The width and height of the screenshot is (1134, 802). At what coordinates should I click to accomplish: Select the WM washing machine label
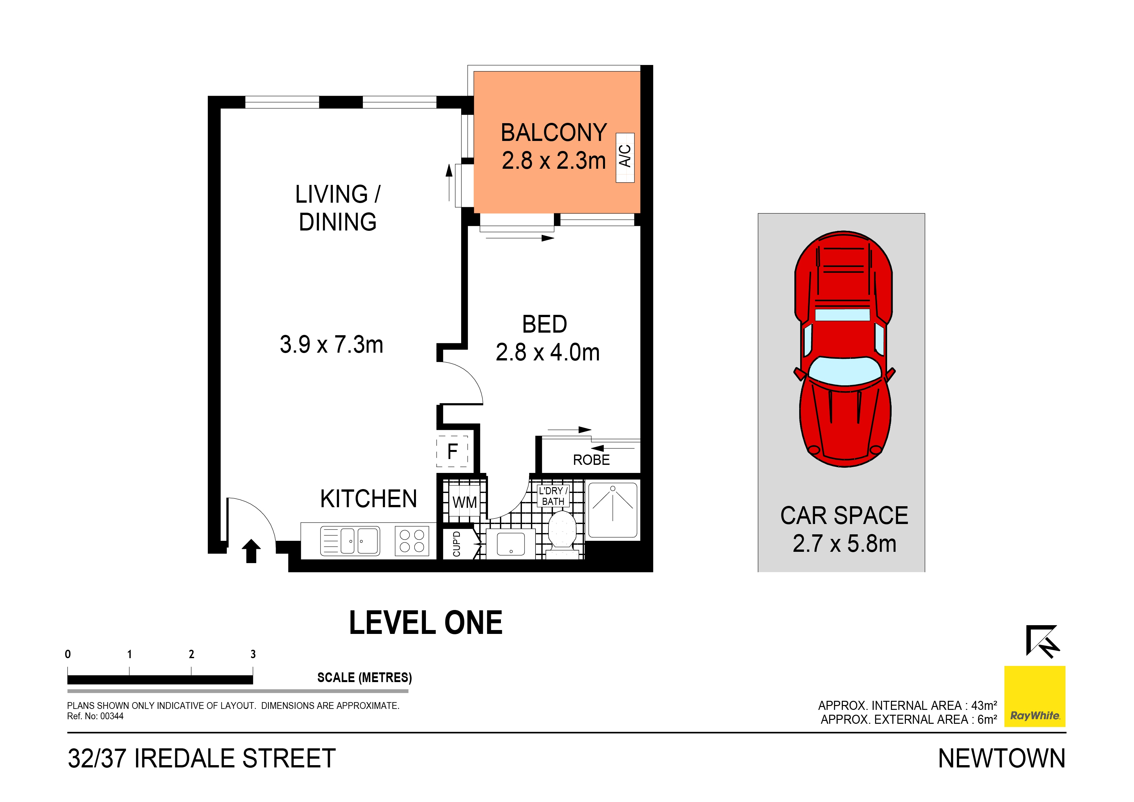pyautogui.click(x=464, y=503)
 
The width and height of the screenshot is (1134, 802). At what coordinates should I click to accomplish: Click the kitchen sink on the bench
pyautogui.click(x=350, y=540)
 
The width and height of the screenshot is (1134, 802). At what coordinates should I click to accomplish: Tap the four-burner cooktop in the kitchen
pyautogui.click(x=412, y=540)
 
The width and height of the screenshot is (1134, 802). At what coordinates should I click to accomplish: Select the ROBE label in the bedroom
pyautogui.click(x=591, y=460)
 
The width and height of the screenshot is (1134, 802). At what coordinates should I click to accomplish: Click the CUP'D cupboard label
pyautogui.click(x=457, y=544)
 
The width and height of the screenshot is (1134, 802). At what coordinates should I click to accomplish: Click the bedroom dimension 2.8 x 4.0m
pyautogui.click(x=547, y=353)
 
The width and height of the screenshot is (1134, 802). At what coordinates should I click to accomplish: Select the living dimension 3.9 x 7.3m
pyautogui.click(x=331, y=344)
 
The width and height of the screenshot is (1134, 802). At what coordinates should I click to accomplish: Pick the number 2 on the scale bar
pyautogui.click(x=191, y=654)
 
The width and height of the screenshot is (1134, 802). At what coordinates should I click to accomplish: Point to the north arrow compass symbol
pyautogui.click(x=1042, y=641)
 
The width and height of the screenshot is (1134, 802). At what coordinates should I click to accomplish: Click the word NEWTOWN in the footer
pyautogui.click(x=1001, y=758)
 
